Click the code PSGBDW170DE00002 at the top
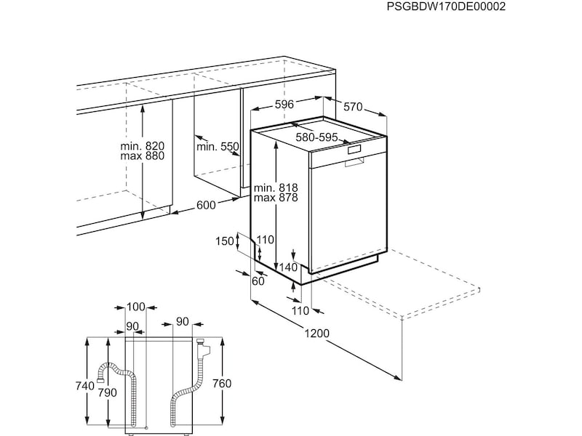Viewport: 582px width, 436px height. pos(446,7)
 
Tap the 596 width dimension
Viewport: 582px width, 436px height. pos(284,105)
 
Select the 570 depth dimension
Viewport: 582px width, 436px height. pos(353,107)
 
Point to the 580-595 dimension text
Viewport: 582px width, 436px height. pos(316,137)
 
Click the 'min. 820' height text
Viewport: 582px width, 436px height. pos(142,146)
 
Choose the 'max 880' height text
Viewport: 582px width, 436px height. pos(142,156)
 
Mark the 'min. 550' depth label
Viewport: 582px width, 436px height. pos(218,147)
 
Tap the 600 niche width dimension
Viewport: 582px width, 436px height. pos(206,205)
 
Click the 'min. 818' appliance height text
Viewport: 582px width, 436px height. pos(276,187)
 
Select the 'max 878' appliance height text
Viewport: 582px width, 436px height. pos(276,198)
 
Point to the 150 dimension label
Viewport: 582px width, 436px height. pos(225,241)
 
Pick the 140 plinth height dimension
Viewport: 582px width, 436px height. pos(288,267)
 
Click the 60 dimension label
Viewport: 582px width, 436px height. pos(258,281)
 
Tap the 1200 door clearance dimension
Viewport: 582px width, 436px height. pos(317,334)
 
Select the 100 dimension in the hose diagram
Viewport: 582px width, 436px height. pos(136,307)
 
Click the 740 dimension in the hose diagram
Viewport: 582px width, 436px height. pos(85,386)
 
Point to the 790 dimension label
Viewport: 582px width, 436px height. pos(108,392)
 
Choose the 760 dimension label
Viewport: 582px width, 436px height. pos(222,383)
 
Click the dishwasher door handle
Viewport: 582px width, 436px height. pos(354,163)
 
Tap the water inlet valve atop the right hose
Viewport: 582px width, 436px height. pos(203,347)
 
